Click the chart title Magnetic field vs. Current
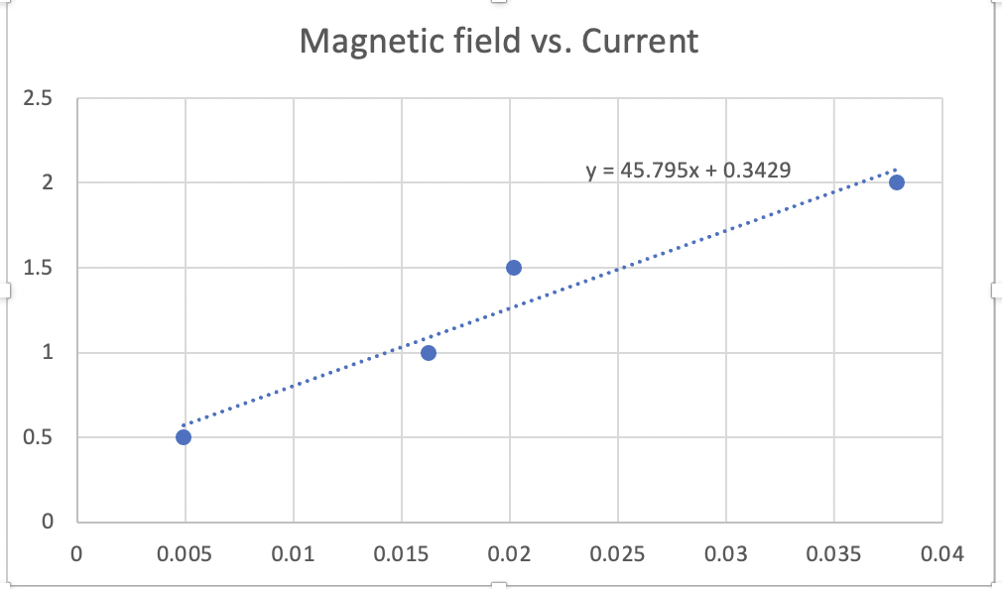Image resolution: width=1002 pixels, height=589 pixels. (499, 42)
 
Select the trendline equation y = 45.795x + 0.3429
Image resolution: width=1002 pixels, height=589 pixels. (689, 171)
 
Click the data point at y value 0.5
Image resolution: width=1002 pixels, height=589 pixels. (184, 437)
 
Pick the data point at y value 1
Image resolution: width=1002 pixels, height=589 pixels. (429, 353)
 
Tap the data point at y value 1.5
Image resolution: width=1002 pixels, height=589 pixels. (514, 268)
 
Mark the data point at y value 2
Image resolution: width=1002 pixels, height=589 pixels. (897, 182)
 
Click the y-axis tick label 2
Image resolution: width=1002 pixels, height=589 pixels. (48, 182)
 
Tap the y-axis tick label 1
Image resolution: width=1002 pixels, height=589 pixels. (48, 353)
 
